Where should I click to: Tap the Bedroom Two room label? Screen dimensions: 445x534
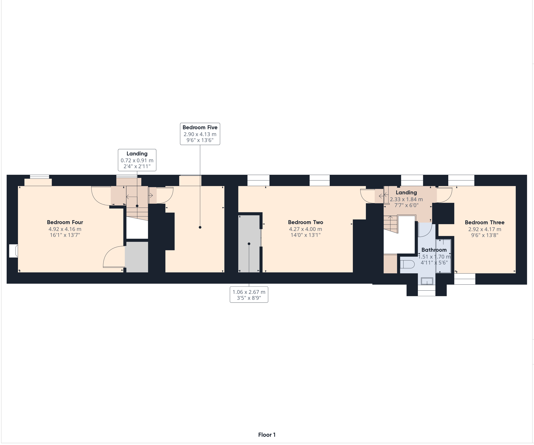pyautogui.click(x=305, y=222)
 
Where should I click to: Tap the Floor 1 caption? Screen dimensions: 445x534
pyautogui.click(x=267, y=435)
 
